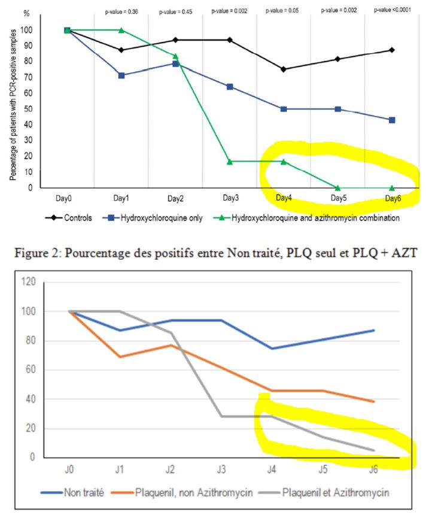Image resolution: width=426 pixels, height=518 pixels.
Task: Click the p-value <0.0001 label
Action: [x=393, y=10]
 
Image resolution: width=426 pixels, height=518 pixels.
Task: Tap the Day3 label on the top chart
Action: [x=230, y=198]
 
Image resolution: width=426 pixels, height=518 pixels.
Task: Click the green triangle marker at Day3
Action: [x=230, y=162]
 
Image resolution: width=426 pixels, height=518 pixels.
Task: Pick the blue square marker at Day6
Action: [x=392, y=120]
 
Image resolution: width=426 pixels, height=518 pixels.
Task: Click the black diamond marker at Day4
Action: [x=284, y=69]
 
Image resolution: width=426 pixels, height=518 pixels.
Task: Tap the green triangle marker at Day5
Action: [x=338, y=187]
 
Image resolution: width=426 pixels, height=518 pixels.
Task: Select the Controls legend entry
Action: [x=71, y=218]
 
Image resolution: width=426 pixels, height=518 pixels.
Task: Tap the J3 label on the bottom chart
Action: [x=221, y=470]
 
